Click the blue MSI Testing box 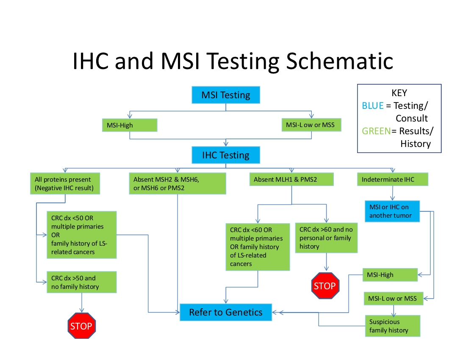click(225, 95)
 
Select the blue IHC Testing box click(225, 155)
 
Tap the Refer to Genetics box click(225, 313)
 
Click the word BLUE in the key click(372, 106)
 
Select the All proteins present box click(65, 183)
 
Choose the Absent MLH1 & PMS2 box click(291, 180)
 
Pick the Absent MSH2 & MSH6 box click(177, 183)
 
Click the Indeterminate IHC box click(392, 180)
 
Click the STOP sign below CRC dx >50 click(81, 326)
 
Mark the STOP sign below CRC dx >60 click(325, 286)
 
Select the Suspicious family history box click(393, 326)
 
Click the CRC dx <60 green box click(258, 247)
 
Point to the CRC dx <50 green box click(81, 235)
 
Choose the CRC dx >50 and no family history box click(81, 282)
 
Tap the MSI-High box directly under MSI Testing click(129, 125)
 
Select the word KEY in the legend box click(399, 93)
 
